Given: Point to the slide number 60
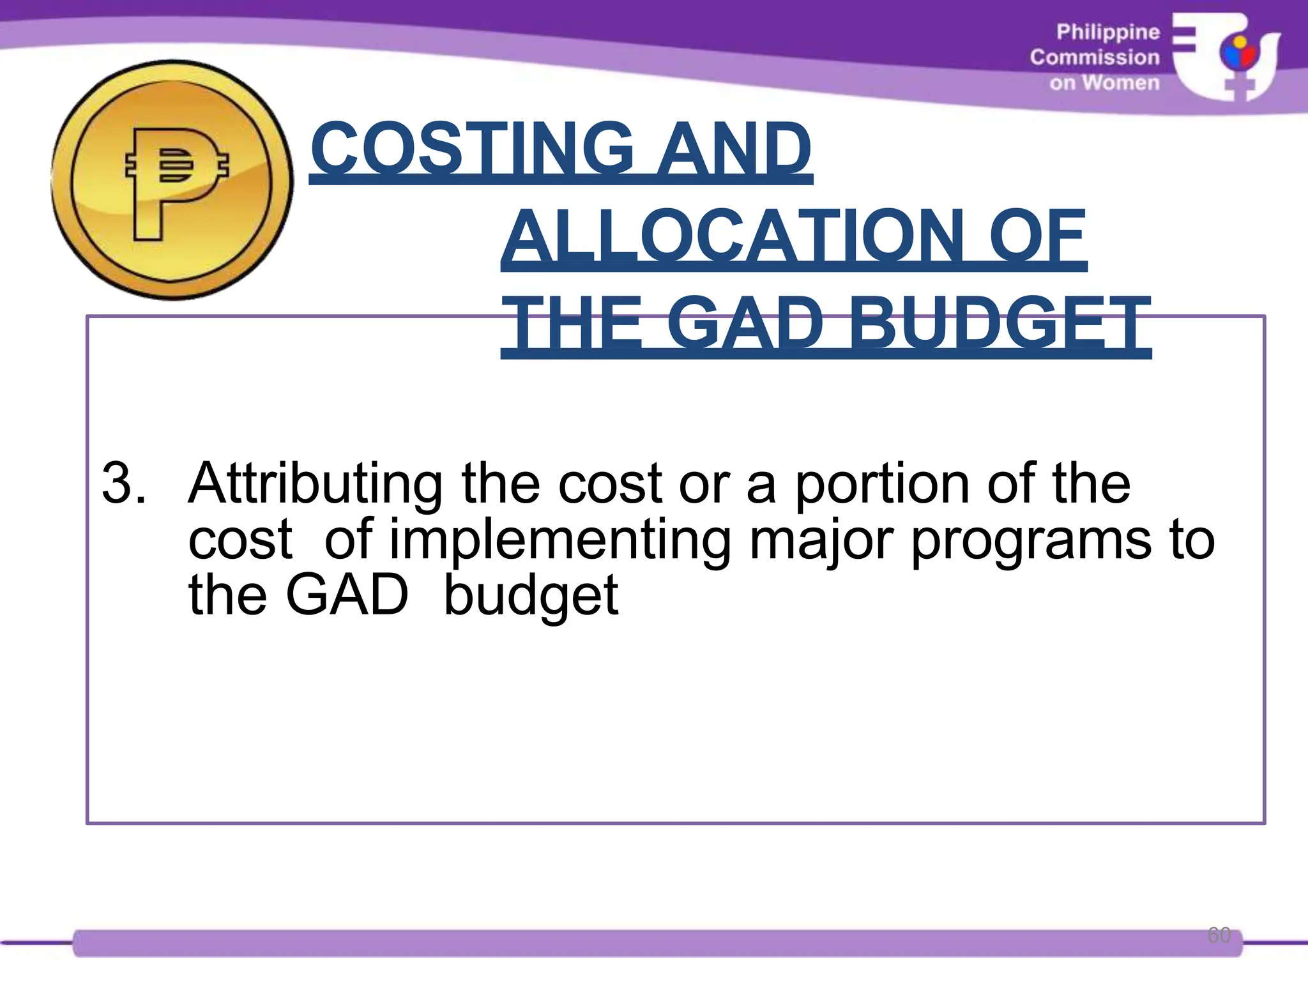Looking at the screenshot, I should click(x=1219, y=934).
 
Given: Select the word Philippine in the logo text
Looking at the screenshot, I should click(x=1107, y=32).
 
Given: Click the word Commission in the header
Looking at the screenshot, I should click(x=1094, y=57).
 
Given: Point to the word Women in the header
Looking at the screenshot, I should click(x=1120, y=83).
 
